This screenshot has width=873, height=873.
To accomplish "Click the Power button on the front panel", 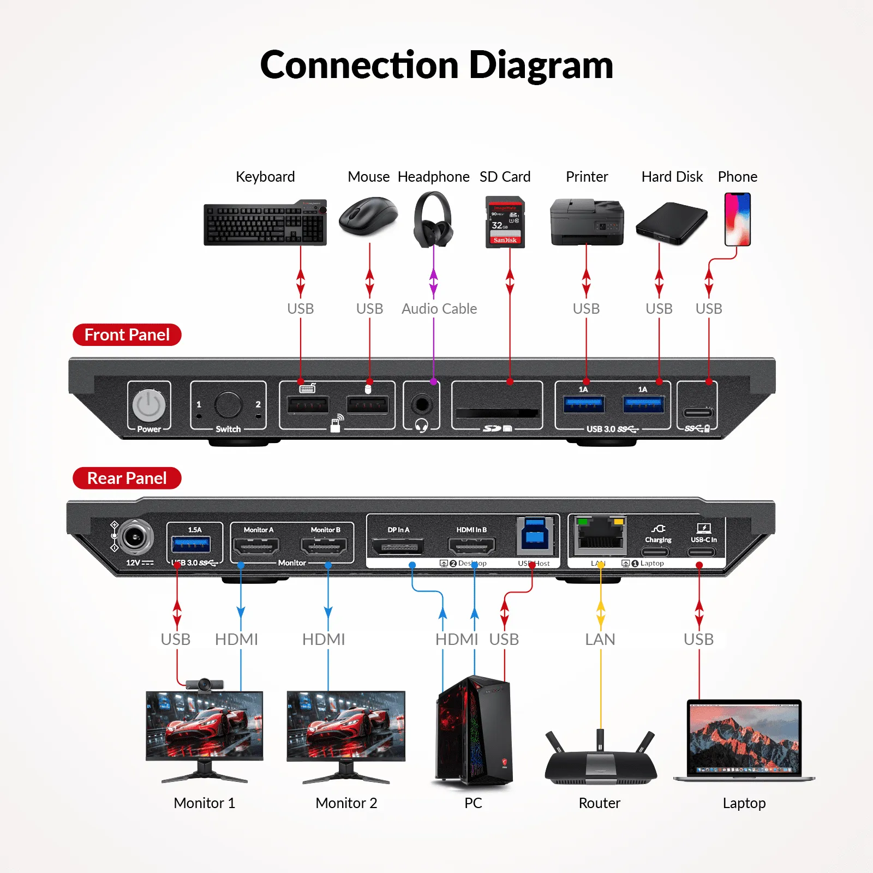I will coord(149,405).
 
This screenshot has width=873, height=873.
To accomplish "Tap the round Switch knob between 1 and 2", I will coord(228,405).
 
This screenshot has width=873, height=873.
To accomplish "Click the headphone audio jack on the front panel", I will coord(421,405).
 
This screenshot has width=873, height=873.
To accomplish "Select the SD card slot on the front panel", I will coord(497,412).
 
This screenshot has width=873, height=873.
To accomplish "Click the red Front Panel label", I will coord(127,334).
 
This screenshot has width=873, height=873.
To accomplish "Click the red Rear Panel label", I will coord(127,478).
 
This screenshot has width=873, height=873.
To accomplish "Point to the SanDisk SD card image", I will coord(505,223).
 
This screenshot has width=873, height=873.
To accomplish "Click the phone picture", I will coord(737,219).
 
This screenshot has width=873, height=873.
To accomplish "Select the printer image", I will coord(587,223).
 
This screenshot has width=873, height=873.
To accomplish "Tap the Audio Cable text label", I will coord(439,309).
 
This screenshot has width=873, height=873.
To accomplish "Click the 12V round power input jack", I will coord(134,537).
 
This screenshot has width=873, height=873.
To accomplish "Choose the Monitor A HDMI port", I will coord(256,546).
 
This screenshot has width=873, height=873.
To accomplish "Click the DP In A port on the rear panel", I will coord(398,546).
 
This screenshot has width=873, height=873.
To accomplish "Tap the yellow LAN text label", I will coord(600,639).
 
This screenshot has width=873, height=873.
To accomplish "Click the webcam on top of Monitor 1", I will coord(205,684).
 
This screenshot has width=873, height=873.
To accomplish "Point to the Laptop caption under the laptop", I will coord(744,803).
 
